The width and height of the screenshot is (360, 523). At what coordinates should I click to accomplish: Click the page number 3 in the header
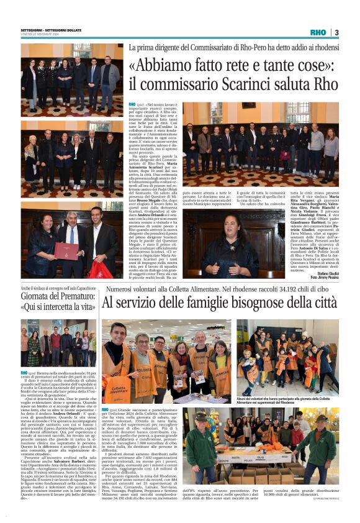tap(336, 32)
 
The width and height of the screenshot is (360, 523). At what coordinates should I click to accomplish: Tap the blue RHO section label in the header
tap(317, 32)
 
